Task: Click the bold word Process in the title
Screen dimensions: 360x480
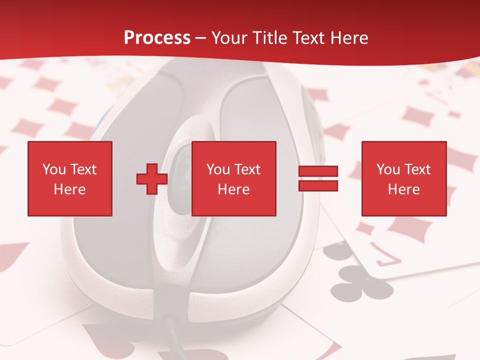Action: (x=157, y=38)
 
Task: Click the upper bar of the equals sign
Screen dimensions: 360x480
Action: (x=318, y=171)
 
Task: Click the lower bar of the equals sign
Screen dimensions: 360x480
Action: (x=318, y=185)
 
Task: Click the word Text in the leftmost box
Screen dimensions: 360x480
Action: (x=83, y=169)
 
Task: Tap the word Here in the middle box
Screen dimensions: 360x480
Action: (x=233, y=189)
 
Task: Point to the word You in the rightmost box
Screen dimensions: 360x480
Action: (x=388, y=169)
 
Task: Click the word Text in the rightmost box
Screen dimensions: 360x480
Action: (x=417, y=169)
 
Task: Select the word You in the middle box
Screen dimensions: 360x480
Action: (x=218, y=169)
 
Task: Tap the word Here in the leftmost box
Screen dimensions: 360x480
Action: (x=69, y=189)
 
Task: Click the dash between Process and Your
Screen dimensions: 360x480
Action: (x=201, y=38)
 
